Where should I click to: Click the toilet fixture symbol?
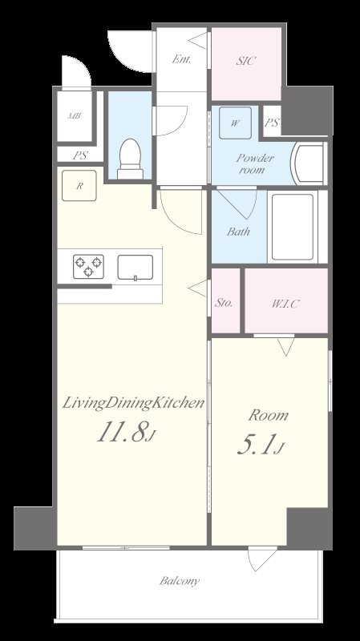tap(130, 159)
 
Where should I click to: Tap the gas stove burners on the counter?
tap(88, 266)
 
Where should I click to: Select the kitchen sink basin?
tap(136, 268)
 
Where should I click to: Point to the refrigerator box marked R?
tap(79, 186)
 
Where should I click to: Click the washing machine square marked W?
tap(235, 123)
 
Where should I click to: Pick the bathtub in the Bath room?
tap(293, 227)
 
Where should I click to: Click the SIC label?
tap(246, 62)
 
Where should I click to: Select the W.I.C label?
tap(285, 304)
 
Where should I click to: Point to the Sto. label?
tap(224, 303)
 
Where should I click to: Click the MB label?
tap(74, 115)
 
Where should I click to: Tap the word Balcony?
tap(180, 581)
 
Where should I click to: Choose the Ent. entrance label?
tap(182, 58)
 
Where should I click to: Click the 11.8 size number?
tap(121, 433)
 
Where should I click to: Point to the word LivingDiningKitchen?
tap(133, 404)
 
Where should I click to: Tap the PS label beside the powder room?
tap(272, 123)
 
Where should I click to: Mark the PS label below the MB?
tap(79, 155)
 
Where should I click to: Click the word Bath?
tap(238, 232)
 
